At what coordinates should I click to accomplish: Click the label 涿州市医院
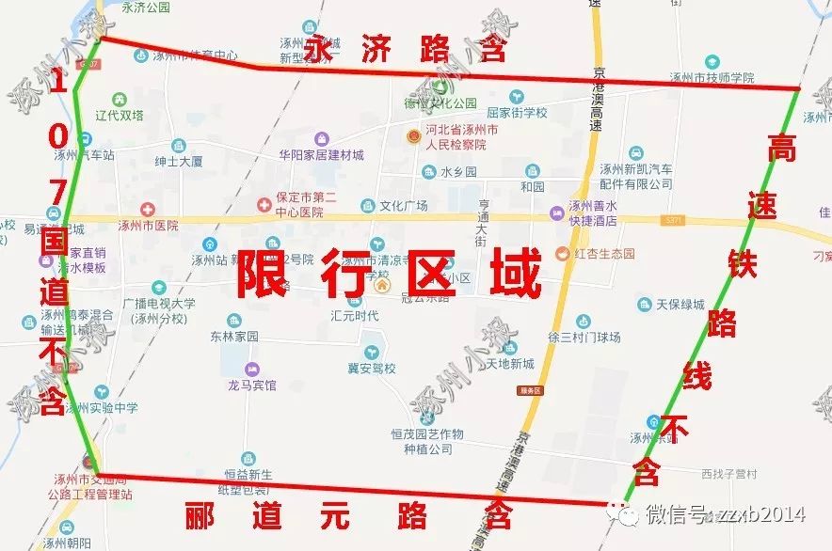pyautogui.click(x=148, y=226)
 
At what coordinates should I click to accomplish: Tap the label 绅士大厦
pyautogui.click(x=179, y=162)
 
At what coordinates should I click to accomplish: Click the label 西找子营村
pyautogui.click(x=728, y=473)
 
